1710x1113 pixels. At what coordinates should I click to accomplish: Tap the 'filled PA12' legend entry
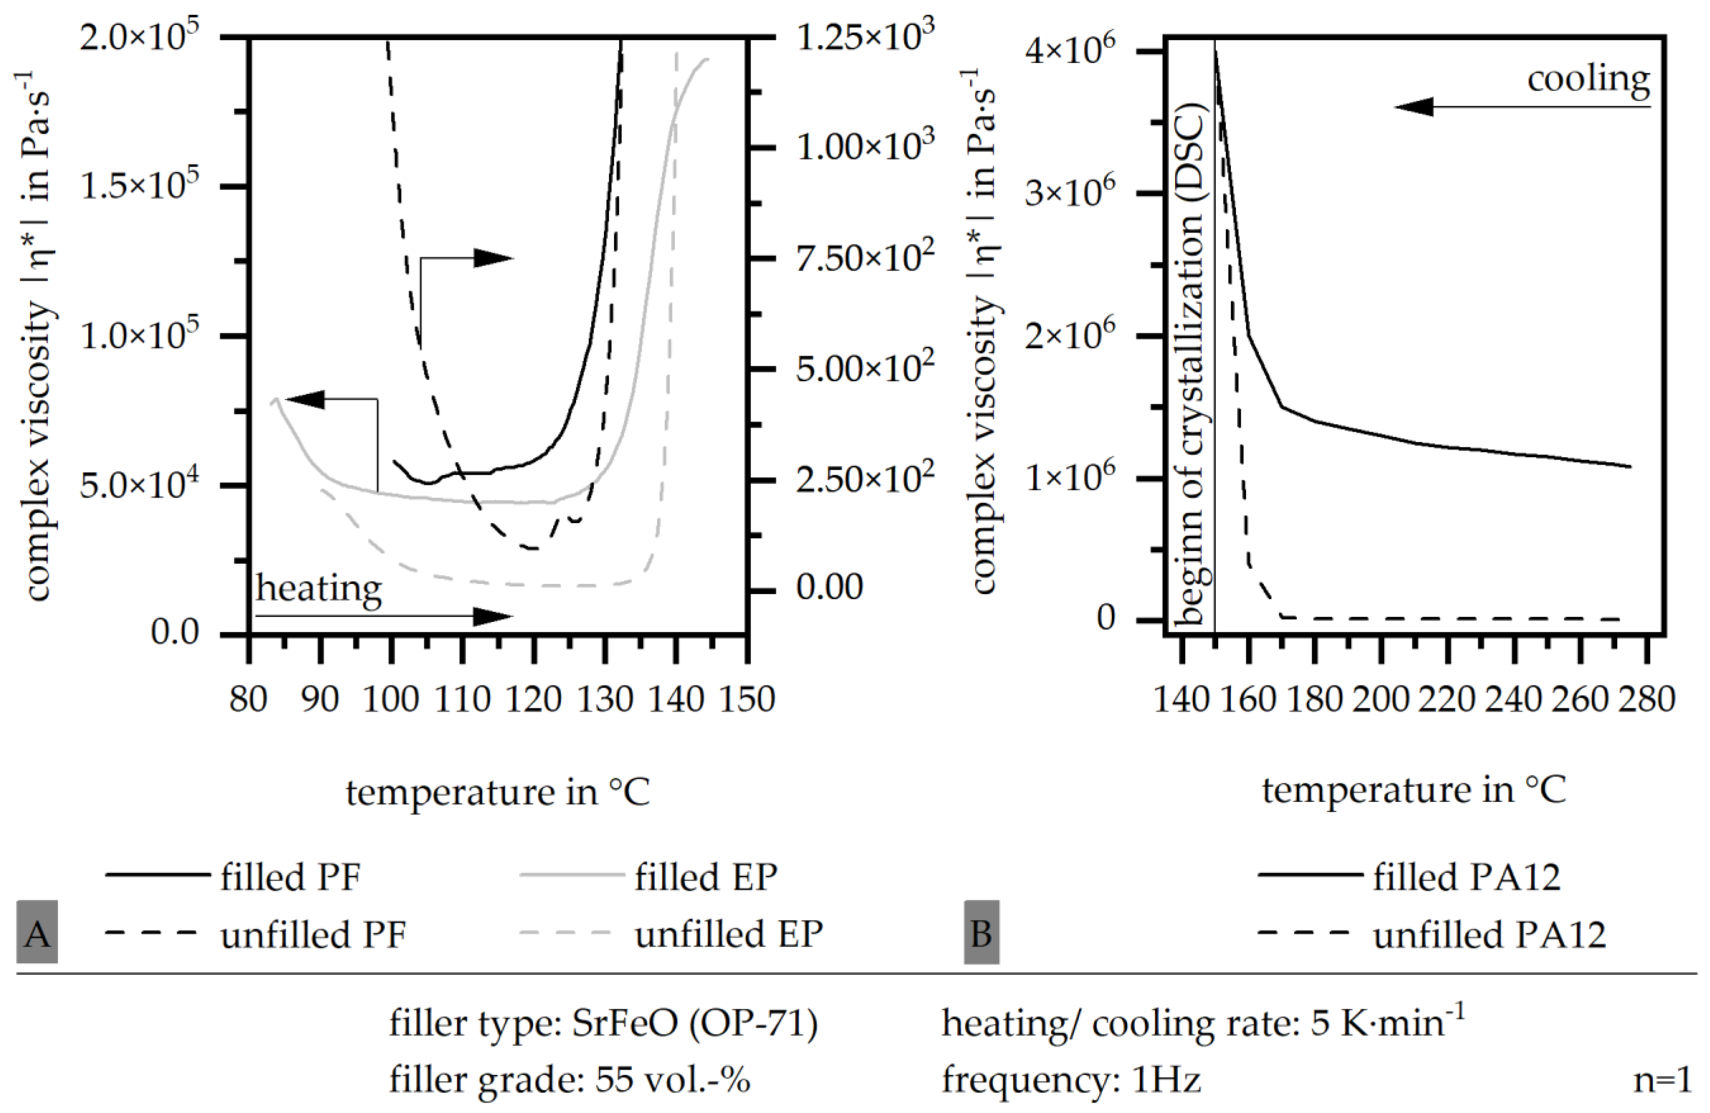point(1466,877)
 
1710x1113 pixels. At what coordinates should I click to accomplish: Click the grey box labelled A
point(38,933)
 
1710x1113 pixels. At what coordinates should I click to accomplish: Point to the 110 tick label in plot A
point(462,699)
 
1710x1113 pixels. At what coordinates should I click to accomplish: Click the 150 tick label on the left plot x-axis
point(747,699)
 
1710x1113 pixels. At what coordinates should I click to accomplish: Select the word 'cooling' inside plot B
point(1588,79)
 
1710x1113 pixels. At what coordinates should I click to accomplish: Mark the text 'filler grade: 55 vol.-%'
point(570,1079)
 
